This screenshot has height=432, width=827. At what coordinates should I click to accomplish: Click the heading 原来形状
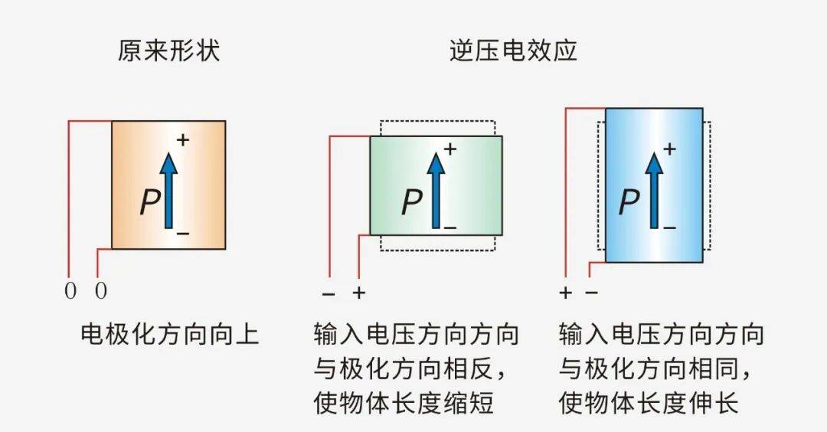tap(168, 51)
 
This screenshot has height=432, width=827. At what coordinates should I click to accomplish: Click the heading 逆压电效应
tap(513, 51)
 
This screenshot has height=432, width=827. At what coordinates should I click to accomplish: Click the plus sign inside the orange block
tap(182, 140)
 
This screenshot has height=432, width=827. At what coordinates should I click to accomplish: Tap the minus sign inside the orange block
tap(182, 231)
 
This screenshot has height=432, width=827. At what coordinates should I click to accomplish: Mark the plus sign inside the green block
tap(450, 149)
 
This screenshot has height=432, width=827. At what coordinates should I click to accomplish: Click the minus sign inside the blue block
tap(669, 227)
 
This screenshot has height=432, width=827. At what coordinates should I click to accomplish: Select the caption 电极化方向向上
tap(169, 335)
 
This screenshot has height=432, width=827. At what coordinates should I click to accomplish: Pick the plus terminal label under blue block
tap(566, 293)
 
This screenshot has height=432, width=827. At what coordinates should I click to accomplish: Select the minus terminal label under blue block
tap(591, 293)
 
